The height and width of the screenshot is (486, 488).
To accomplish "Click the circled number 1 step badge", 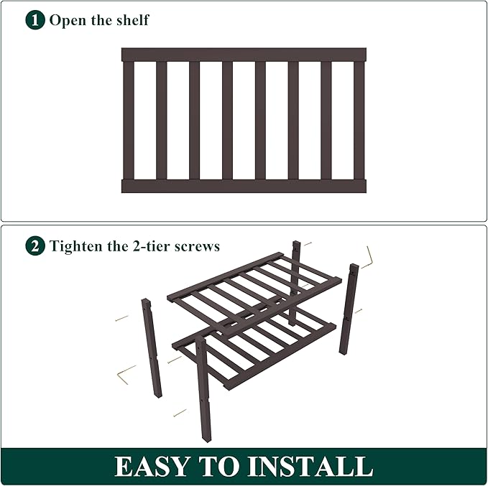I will [35, 19].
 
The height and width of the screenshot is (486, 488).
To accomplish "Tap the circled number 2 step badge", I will [35, 246].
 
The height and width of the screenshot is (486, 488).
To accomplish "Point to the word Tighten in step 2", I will [76, 246].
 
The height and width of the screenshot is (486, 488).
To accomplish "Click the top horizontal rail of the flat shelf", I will [244, 55].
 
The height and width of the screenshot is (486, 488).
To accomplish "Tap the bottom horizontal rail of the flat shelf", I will [244, 186].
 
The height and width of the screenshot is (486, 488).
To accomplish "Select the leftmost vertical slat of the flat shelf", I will [129, 120].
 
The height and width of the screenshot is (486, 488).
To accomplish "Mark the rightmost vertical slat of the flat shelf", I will [359, 120].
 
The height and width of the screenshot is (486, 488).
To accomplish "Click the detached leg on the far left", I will [152, 347].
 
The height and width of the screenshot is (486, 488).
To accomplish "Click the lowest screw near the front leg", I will [179, 413].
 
